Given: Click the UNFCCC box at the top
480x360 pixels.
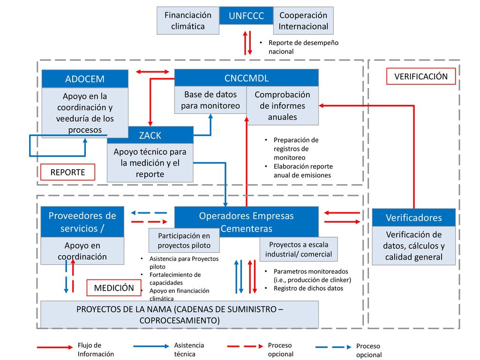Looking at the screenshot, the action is [x=247, y=15].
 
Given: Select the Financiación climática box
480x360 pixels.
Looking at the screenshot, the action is [x=188, y=21].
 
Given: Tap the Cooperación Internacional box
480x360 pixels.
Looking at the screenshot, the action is [x=303, y=21].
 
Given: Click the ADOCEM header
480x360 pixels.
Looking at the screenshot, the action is [x=85, y=79].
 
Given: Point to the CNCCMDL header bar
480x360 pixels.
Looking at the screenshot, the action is [x=247, y=78].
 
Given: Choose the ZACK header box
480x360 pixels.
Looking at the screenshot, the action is [x=150, y=135].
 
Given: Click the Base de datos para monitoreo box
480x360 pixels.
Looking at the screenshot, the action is [x=210, y=100].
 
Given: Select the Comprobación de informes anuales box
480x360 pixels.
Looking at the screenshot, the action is [x=283, y=105].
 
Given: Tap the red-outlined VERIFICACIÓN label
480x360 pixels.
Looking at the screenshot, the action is [x=421, y=76].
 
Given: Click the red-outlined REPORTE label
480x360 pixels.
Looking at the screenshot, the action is [x=67, y=172].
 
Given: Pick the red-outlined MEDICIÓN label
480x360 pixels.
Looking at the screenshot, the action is [x=114, y=288].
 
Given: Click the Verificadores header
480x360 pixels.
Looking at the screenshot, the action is [x=414, y=217].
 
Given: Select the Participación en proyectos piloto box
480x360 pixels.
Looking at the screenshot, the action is [x=184, y=240].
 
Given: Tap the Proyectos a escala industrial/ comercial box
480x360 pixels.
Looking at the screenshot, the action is [x=299, y=249].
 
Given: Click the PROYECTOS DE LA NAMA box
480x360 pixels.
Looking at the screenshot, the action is [x=180, y=315].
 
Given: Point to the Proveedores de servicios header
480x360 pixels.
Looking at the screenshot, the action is [x=82, y=222].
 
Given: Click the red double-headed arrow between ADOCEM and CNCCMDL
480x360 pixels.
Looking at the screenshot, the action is [x=152, y=72].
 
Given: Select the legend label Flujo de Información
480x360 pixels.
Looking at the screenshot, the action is [x=96, y=350].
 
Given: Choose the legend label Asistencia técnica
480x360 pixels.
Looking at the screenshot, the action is [x=189, y=350].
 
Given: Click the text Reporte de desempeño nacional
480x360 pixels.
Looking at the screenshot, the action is [x=303, y=47].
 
